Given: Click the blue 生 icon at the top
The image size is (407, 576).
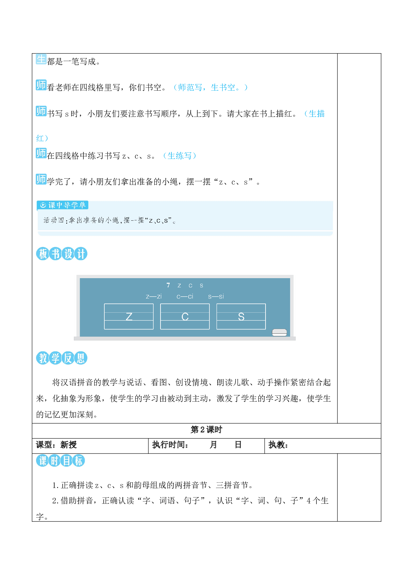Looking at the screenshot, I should click(41, 59).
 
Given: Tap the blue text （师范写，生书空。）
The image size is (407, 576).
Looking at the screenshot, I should click(210, 87).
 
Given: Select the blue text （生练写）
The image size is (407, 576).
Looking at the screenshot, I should click(180, 156).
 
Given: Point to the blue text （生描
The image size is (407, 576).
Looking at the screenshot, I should click(314, 114).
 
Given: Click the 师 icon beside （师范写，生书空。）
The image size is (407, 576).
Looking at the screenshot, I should click(41, 85).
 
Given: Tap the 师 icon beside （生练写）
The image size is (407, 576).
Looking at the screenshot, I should click(41, 153).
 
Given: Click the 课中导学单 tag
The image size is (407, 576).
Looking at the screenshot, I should click(62, 205).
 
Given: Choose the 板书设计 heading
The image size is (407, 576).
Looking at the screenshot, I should click(62, 254).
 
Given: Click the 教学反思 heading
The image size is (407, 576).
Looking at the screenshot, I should click(62, 358).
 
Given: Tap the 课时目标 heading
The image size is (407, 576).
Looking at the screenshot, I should click(60, 460).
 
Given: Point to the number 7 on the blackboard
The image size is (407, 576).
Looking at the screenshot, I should click(168, 285).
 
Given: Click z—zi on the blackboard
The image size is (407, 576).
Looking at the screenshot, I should click(154, 297).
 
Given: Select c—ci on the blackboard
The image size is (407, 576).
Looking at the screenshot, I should click(185, 297).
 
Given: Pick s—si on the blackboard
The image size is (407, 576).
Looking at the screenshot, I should click(216, 297).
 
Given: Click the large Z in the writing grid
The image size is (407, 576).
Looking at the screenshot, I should click(129, 317).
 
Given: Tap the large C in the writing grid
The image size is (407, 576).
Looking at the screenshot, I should click(185, 317).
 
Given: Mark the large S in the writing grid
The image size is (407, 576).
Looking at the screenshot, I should click(241, 317).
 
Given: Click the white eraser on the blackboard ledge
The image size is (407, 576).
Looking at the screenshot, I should click(280, 333).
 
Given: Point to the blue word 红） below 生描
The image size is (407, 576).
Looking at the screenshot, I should click(42, 138).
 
